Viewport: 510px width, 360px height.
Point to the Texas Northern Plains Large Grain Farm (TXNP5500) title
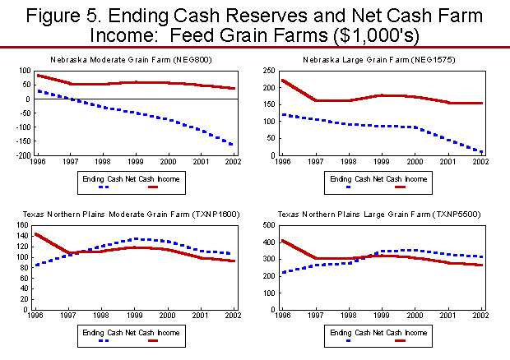pyautogui.click(x=379, y=215)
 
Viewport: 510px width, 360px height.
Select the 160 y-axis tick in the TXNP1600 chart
pyautogui.click(x=23, y=224)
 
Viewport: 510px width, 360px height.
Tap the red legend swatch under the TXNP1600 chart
pyautogui.click(x=153, y=342)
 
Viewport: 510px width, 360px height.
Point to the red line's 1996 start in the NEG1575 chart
pyautogui.click(x=283, y=81)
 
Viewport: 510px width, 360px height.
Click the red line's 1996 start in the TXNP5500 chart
pyautogui.click(x=283, y=241)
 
